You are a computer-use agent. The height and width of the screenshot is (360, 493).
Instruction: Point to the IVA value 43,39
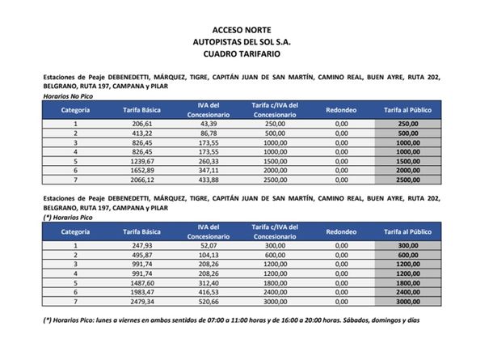point(209,123)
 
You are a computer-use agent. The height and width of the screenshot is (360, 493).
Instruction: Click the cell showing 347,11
point(209,171)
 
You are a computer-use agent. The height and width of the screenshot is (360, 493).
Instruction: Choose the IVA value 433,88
point(209,180)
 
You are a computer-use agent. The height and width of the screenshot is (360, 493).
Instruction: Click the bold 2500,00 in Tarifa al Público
point(407,180)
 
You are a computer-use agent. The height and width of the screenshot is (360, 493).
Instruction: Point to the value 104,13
point(209,255)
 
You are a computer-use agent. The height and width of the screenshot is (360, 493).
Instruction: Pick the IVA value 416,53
point(209,293)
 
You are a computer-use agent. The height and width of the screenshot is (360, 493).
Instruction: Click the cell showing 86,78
point(209,133)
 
